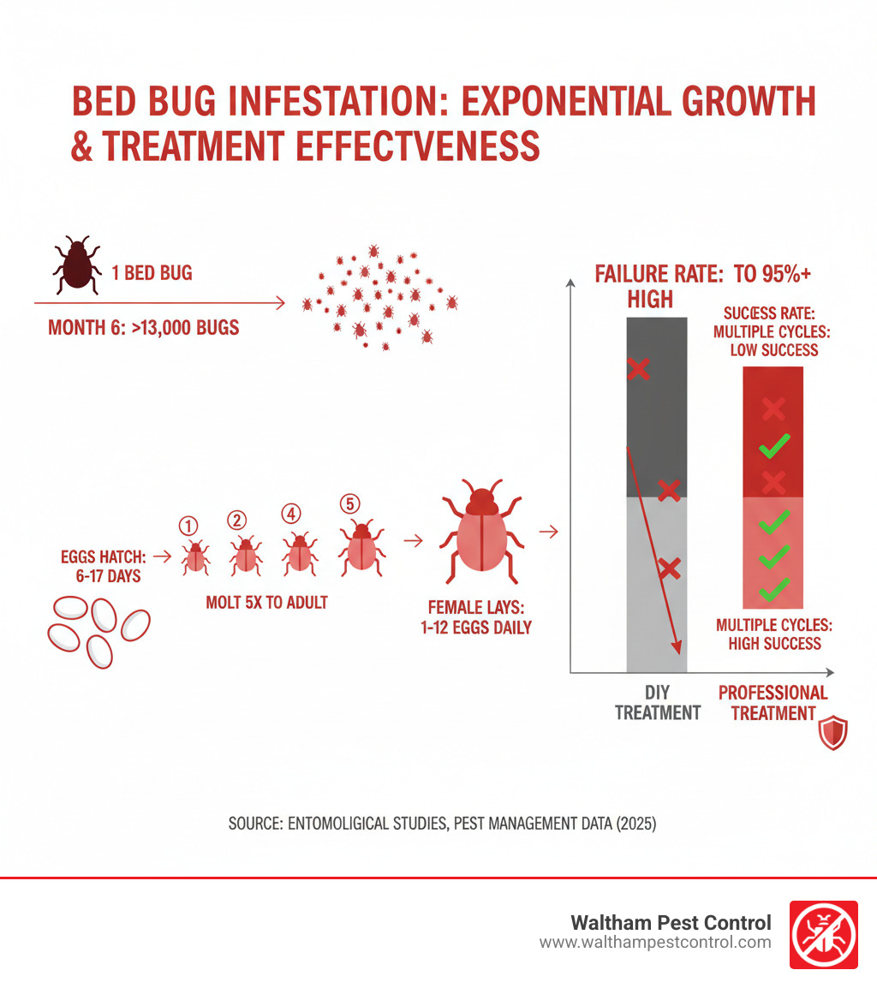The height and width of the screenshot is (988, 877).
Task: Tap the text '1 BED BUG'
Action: click(152, 274)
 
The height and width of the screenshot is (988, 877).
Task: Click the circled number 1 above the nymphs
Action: click(189, 525)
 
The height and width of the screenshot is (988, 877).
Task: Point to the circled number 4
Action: click(293, 514)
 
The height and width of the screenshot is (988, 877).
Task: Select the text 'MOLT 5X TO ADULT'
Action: click(266, 602)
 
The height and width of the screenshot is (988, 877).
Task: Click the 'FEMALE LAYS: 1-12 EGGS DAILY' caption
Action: click(480, 617)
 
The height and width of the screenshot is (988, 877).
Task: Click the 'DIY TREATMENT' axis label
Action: click(658, 702)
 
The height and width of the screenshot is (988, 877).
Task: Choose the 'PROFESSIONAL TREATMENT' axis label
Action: click(773, 702)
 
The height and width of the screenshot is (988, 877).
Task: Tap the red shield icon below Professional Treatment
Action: click(832, 734)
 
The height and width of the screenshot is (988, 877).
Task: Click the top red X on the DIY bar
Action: click(638, 369)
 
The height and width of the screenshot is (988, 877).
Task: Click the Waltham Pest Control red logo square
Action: click(822, 934)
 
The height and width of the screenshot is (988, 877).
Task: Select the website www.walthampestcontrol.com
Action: click(655, 942)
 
